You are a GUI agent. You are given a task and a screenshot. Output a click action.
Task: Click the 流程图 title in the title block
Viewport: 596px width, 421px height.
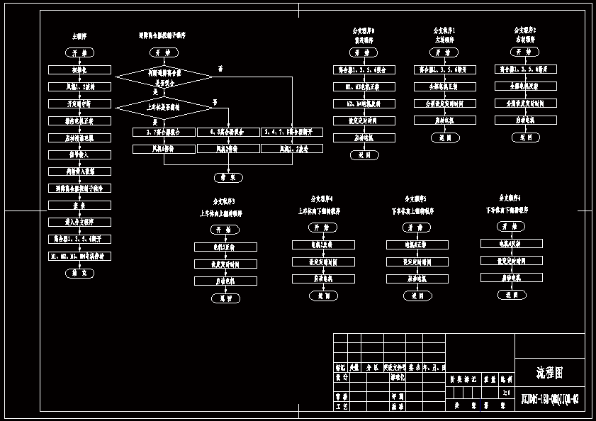549,372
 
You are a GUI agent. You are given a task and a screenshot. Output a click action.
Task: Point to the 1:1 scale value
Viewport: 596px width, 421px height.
505,392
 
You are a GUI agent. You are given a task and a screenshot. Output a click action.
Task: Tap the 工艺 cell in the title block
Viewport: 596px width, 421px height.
342,407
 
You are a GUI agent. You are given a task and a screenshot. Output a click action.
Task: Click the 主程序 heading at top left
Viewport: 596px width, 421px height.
80,35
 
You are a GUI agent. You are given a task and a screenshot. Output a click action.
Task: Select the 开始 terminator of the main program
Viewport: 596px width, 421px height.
80,53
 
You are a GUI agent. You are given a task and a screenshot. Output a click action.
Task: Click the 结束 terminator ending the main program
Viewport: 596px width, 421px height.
79,273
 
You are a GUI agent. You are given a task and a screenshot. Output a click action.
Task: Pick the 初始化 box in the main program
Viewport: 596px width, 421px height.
80,70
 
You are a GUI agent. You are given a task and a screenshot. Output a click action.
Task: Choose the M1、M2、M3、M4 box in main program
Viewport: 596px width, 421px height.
80,256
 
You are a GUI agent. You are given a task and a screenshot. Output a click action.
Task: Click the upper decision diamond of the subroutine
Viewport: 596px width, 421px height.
164,77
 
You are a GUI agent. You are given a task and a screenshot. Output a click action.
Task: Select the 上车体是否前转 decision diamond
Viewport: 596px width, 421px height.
164,108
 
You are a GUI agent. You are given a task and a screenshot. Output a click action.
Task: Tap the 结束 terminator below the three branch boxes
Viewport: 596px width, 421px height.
228,178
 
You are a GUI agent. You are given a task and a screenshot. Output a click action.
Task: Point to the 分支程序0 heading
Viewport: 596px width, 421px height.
364,31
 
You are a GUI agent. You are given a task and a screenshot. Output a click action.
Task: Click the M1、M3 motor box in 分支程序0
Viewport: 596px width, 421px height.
364,86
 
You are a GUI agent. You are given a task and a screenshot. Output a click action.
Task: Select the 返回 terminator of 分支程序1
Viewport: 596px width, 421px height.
445,138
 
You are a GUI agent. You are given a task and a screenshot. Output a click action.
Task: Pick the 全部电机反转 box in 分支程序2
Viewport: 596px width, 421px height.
525,86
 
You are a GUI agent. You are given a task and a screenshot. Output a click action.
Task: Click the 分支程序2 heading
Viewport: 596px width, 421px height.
525,30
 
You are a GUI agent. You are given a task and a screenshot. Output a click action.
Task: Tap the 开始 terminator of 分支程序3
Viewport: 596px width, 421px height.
225,230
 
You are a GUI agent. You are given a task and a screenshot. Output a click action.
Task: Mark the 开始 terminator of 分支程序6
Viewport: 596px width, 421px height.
511,226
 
